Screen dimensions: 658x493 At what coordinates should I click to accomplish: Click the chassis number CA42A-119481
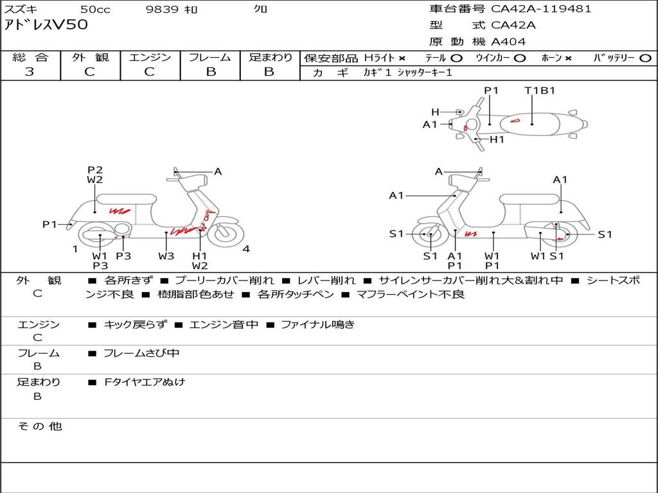pos(541,9)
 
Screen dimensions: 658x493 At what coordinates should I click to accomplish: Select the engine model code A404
pos(508,42)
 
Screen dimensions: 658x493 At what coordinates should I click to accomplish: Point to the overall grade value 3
pos(30,72)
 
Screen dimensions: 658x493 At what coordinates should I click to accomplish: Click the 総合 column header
pos(30,57)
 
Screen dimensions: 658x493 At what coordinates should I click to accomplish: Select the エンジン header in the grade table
pos(150,57)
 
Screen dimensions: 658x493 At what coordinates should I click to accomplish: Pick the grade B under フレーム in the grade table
pos(210,72)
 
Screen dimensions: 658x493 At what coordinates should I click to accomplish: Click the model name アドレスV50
pos(46,25)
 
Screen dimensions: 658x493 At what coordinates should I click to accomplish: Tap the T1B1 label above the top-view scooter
pos(540,91)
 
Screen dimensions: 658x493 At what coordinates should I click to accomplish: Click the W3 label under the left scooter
pos(166,256)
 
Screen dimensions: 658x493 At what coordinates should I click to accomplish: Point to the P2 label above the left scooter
pos(95,170)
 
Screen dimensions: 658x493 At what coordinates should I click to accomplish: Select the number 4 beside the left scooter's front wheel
pos(246,249)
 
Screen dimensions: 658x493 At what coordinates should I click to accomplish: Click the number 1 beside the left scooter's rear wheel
pos(75,249)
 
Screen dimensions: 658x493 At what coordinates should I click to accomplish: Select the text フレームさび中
pos(141,353)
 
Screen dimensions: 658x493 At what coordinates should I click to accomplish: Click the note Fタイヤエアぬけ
pos(145,382)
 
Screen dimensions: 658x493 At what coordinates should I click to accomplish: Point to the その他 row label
pos(39,426)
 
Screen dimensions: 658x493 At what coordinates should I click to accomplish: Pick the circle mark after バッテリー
pos(645,58)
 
